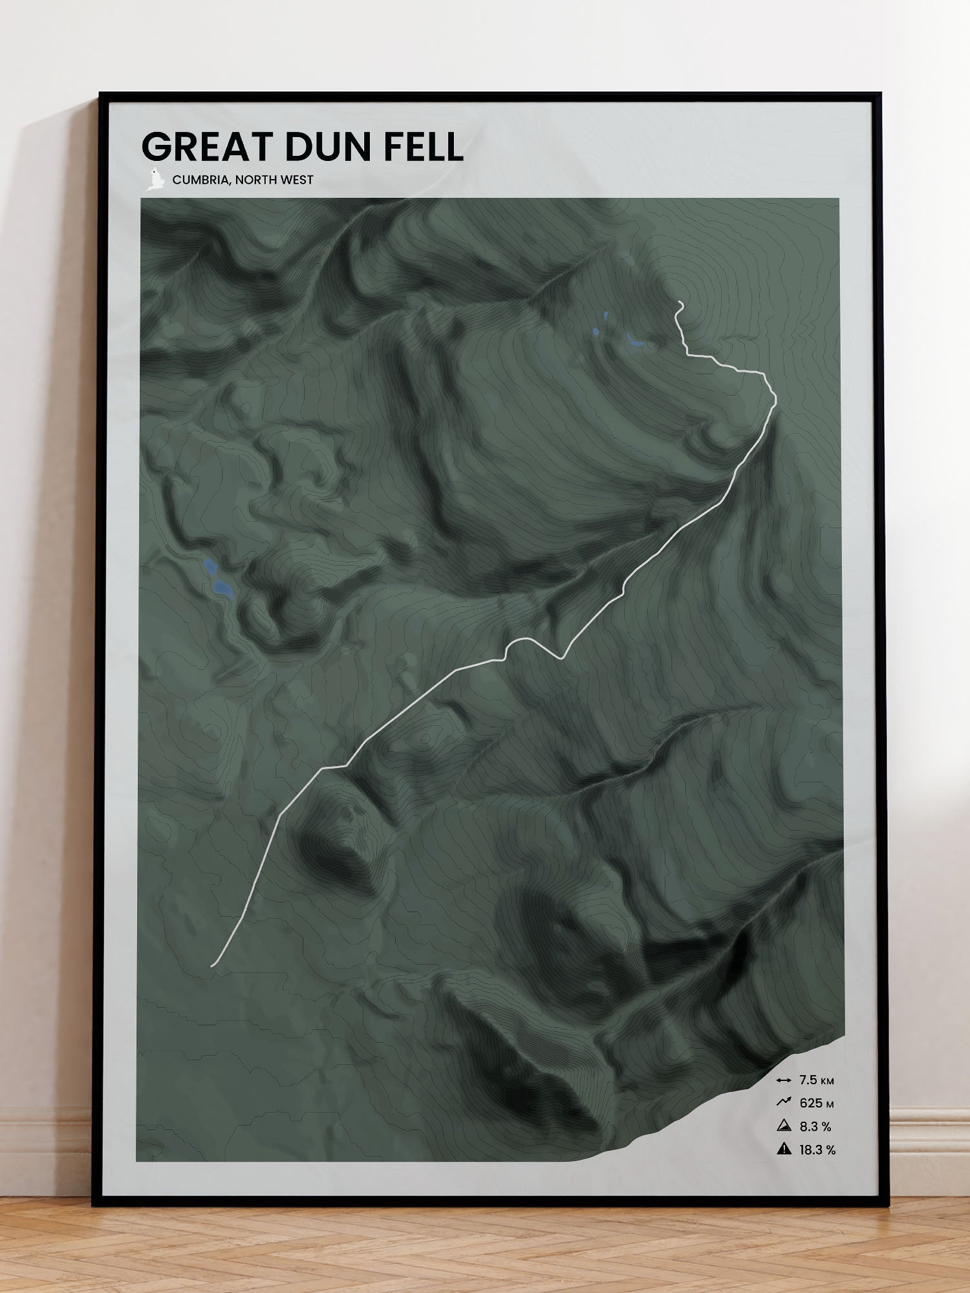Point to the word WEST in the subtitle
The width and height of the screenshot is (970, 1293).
coord(297,180)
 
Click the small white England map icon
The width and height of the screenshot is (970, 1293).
coord(153,179)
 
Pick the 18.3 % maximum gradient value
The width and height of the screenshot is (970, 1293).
coord(817,1149)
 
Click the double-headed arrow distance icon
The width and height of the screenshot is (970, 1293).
coord(784,1080)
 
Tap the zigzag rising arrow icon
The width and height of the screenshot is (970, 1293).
coord(784,1102)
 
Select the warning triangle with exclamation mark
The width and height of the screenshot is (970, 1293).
coord(784,1149)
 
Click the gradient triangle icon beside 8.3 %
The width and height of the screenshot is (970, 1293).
coord(784,1126)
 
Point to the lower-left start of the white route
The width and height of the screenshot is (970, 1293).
coord(212,966)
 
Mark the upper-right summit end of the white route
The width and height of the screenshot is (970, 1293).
coord(679,302)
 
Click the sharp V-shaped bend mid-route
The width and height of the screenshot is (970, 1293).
coord(562,657)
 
